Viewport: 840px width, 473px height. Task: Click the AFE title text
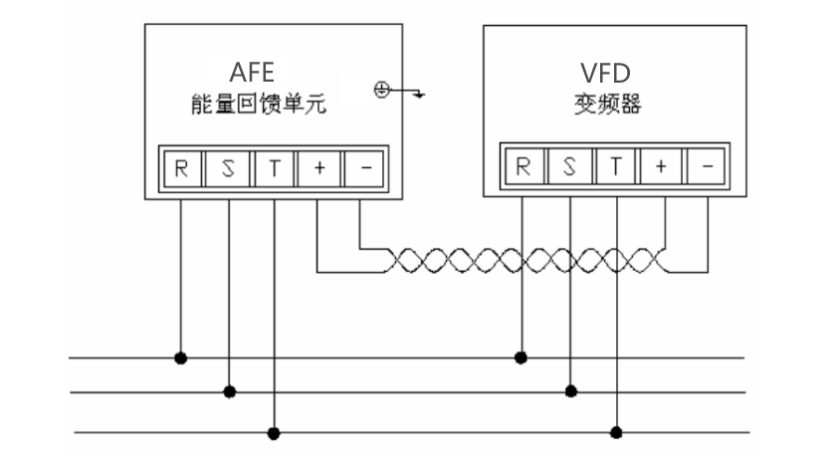(x=252, y=74)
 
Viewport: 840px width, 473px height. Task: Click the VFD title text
(x=605, y=74)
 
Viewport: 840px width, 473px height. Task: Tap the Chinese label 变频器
(x=605, y=104)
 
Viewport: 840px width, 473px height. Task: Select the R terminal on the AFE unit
(x=181, y=168)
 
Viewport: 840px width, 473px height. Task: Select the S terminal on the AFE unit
(x=228, y=168)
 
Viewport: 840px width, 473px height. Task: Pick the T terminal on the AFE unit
(x=274, y=168)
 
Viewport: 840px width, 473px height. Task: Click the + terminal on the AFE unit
(x=319, y=168)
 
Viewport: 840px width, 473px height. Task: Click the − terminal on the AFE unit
(x=364, y=168)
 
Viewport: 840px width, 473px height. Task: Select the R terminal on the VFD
(x=522, y=166)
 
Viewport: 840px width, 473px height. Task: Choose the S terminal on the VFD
(x=569, y=166)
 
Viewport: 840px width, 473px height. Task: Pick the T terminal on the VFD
(x=616, y=166)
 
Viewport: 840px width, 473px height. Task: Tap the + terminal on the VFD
(x=661, y=166)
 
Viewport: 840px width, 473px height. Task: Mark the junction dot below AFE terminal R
(x=181, y=356)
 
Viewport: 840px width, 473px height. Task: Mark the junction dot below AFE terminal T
(x=274, y=433)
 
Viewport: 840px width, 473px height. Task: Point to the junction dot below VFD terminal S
(x=569, y=391)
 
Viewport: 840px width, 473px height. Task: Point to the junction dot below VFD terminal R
(x=522, y=355)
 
